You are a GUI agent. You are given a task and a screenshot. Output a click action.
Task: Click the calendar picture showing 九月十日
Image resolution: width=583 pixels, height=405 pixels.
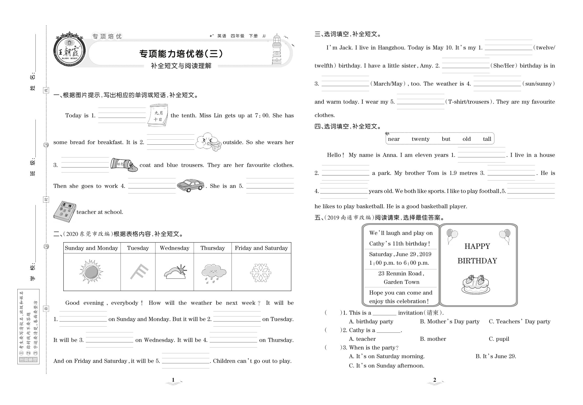click(158, 116)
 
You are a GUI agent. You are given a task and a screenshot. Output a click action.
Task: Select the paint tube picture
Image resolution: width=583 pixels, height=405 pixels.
click(124, 165)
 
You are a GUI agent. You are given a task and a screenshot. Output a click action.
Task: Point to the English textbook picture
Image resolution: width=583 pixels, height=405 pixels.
click(64, 212)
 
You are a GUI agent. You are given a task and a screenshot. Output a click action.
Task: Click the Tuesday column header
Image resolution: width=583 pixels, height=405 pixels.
click(138, 248)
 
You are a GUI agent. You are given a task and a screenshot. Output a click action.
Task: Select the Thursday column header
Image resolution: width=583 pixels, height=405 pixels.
click(212, 248)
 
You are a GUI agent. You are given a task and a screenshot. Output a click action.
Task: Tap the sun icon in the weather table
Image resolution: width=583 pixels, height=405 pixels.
click(91, 272)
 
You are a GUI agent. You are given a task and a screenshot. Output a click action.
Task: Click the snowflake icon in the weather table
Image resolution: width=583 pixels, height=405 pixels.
click(261, 273)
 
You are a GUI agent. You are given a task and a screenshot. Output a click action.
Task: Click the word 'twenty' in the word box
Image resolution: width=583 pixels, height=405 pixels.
click(420, 139)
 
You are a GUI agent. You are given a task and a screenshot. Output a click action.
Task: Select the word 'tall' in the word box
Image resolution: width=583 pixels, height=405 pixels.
click(487, 139)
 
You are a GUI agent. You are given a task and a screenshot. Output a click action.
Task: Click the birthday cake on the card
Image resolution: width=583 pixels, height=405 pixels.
click(475, 285)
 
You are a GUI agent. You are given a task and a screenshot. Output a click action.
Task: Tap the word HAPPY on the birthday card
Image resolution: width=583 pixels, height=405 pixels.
click(477, 246)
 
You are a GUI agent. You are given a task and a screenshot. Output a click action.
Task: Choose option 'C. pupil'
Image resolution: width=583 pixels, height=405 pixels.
click(499, 339)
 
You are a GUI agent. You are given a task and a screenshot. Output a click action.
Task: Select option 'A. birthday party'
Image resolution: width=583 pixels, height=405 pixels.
click(371, 322)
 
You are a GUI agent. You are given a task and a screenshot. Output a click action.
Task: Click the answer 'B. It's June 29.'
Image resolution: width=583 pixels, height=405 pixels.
click(495, 356)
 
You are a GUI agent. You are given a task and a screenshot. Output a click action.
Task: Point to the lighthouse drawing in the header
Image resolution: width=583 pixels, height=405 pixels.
click(277, 50)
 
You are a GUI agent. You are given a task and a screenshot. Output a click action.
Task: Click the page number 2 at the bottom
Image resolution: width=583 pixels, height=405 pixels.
click(435, 380)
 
